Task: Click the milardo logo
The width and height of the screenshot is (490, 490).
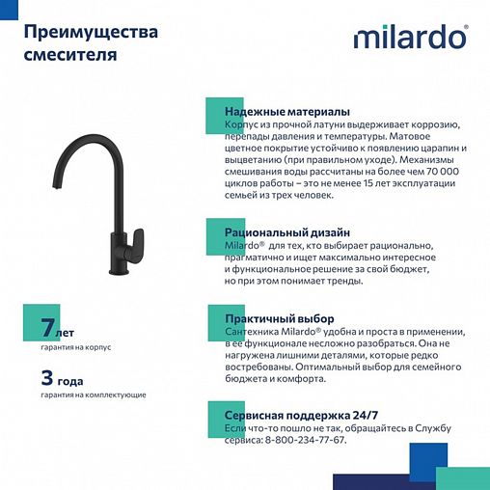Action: coord(410,38)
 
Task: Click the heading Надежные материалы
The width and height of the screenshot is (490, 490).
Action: coord(287,112)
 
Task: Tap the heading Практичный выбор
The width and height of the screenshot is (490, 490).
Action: coord(280,318)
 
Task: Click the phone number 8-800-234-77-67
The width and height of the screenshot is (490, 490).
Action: coord(303,440)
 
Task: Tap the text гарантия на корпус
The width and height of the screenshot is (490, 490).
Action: coord(74,346)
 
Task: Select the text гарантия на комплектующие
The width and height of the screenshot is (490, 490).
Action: coord(94,395)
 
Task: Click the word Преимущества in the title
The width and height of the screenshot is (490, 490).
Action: coord(91,33)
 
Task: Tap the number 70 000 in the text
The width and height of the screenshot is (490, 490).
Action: coord(441,172)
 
